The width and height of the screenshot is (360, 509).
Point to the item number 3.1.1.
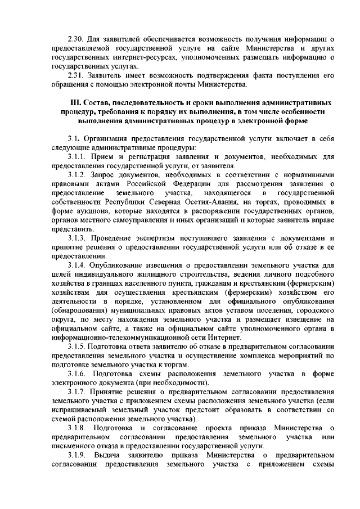point(78,156)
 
